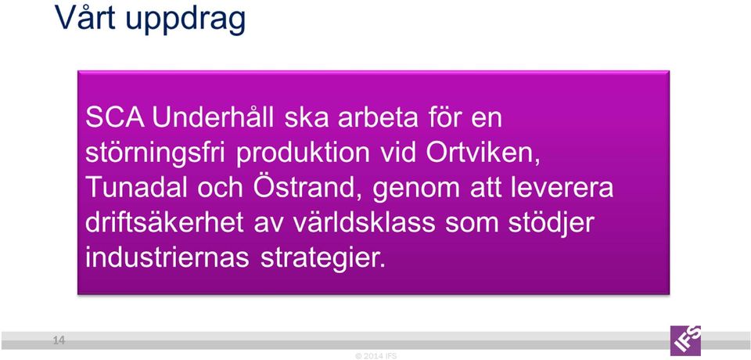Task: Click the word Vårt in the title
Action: [x=85, y=17]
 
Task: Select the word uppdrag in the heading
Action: [x=186, y=20]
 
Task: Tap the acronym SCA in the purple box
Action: [x=115, y=118]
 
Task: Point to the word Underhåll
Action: [x=213, y=118]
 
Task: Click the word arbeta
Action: [x=379, y=118]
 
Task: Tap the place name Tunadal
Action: [x=136, y=188]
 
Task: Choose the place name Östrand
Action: [x=308, y=187]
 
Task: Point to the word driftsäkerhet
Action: [x=164, y=223]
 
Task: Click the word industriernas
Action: [x=167, y=258]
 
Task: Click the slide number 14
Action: [x=59, y=340]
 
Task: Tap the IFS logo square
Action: [x=685, y=340]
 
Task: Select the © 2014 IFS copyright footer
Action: [x=376, y=356]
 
